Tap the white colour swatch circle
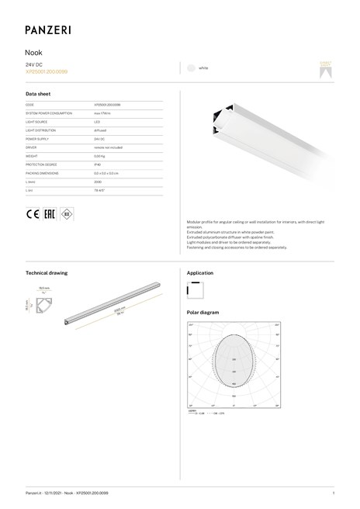(x=190, y=68)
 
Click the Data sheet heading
(x=38, y=93)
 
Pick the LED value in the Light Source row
(x=98, y=122)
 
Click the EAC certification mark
(x=50, y=214)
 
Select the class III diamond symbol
(x=68, y=214)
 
